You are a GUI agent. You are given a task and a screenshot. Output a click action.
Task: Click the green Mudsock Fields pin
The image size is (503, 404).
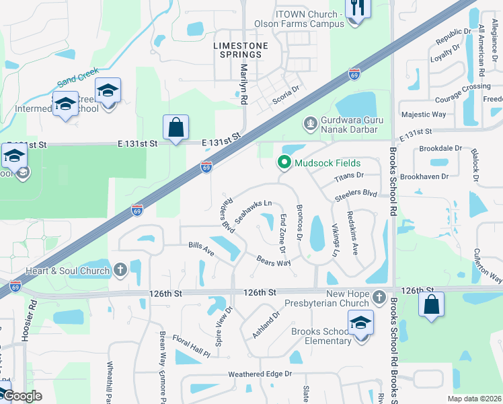click(x=284, y=162)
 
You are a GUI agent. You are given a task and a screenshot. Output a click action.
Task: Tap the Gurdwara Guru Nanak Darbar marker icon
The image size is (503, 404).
click(x=310, y=123)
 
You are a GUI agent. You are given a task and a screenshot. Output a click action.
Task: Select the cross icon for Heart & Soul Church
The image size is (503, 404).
click(x=120, y=271)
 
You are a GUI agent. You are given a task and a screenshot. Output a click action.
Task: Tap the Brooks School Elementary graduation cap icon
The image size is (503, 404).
click(x=361, y=324)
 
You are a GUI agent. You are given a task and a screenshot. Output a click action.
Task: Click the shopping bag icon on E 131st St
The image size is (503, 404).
click(x=176, y=127)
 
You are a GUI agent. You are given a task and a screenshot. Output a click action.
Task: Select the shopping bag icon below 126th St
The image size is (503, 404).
click(x=431, y=304)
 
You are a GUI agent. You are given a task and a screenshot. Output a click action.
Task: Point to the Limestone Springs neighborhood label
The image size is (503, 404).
click(x=240, y=50)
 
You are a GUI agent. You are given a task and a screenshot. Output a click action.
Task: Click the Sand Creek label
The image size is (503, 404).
click(x=78, y=77)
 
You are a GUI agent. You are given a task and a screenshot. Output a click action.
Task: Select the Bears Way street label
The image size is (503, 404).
click(x=273, y=260)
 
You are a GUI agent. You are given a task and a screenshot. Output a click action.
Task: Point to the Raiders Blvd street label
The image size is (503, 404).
click(x=226, y=214)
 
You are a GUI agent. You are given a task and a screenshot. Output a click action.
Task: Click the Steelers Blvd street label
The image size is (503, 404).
click(x=356, y=196)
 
